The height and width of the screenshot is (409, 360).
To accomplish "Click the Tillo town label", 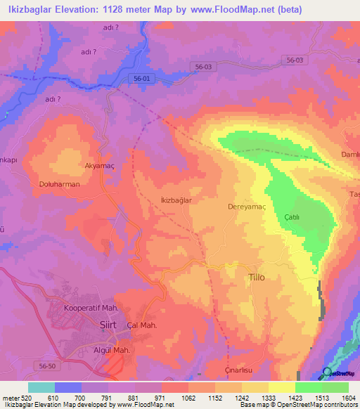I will [257, 278].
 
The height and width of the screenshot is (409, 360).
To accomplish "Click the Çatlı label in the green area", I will [292, 217].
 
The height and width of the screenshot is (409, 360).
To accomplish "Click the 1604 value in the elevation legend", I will [348, 398].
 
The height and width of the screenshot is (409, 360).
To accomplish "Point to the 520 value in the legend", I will [22, 398].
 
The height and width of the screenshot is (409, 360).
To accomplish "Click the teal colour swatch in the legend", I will [41, 387].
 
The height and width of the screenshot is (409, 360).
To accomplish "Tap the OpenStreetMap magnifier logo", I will [326, 372].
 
